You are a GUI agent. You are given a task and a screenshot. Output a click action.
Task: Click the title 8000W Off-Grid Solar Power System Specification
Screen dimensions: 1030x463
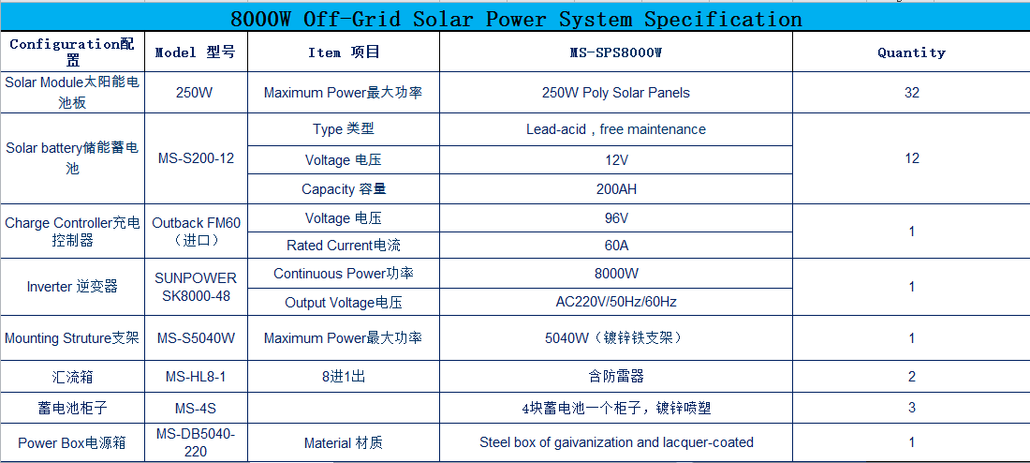pyautogui.click(x=516, y=19)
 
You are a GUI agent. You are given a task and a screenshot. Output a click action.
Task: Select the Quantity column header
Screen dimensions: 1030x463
pyautogui.click(x=911, y=52)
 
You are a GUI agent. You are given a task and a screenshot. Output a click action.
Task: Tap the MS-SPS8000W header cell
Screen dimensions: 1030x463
pyautogui.click(x=615, y=52)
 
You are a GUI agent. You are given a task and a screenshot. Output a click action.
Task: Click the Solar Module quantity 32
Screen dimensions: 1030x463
pyautogui.click(x=911, y=93)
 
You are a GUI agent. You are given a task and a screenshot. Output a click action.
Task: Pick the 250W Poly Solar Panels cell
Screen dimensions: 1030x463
pyautogui.click(x=615, y=93)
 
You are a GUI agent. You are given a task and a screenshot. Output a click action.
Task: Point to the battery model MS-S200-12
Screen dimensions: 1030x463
pyautogui.click(x=196, y=158)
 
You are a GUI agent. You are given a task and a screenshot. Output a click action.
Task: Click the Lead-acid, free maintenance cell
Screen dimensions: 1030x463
pyautogui.click(x=615, y=129)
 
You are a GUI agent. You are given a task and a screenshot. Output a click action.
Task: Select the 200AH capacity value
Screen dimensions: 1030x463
pyautogui.click(x=615, y=189)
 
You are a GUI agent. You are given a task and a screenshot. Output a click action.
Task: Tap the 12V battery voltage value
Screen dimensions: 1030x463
pyautogui.click(x=615, y=160)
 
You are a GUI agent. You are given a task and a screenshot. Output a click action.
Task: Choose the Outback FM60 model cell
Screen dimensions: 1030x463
pyautogui.click(x=196, y=231)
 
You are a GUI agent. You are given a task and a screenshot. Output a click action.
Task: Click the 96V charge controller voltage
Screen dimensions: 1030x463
pyautogui.click(x=615, y=218)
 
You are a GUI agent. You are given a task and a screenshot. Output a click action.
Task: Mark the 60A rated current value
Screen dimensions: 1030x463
pyautogui.click(x=615, y=246)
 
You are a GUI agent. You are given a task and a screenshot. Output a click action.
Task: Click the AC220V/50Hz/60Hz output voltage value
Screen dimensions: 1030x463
pyautogui.click(x=615, y=303)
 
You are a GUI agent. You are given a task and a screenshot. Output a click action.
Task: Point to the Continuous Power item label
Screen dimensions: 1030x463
pyautogui.click(x=343, y=274)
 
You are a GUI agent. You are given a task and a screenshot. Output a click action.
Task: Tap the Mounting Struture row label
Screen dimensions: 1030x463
pyautogui.click(x=71, y=338)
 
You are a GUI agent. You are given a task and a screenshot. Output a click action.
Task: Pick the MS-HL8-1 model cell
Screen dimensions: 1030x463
pyautogui.click(x=196, y=377)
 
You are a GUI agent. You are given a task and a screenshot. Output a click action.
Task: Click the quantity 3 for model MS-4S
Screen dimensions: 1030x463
pyautogui.click(x=911, y=408)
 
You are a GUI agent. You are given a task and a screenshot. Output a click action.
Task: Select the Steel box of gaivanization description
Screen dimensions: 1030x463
pyautogui.click(x=615, y=442)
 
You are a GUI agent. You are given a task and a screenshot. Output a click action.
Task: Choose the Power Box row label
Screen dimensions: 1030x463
pyautogui.click(x=71, y=443)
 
